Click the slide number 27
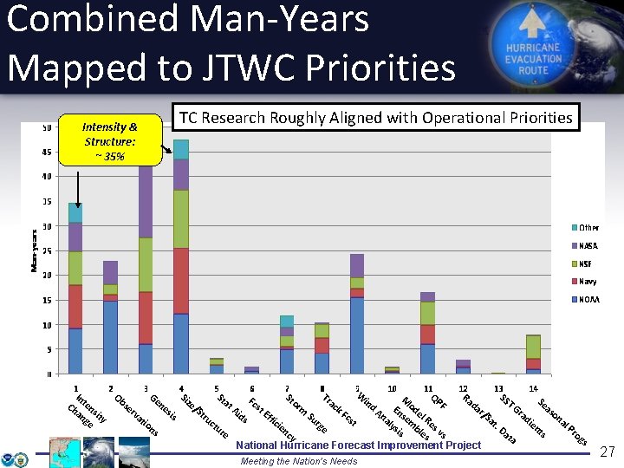pos(608,452)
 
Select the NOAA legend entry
pos(588,299)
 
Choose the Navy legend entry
pos(588,281)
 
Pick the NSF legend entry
pos(587,263)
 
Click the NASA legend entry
pos(588,245)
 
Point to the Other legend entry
pos(588,227)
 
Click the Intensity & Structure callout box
pos(110,140)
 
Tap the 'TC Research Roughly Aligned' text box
pos(375,117)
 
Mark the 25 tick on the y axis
pos(46,251)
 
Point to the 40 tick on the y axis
pos(46,177)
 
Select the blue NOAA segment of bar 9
pos(356,335)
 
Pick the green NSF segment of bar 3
pos(146,264)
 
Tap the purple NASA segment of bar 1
pos(75,237)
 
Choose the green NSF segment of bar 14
pos(533,347)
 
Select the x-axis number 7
pos(287,389)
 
